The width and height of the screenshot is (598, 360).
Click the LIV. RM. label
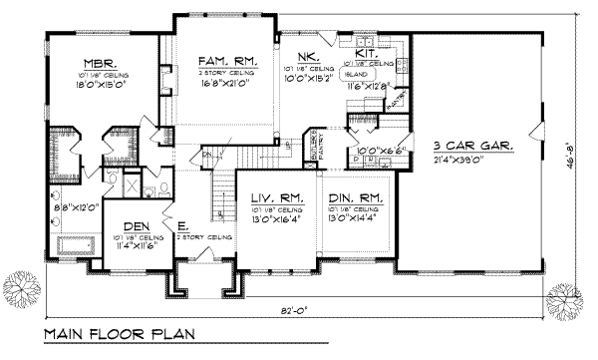click(272, 198)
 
